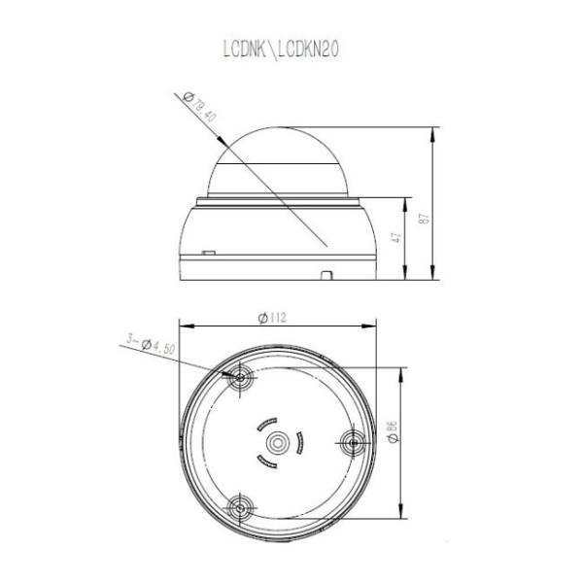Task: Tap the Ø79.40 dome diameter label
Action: click(202, 104)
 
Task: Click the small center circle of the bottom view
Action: click(277, 442)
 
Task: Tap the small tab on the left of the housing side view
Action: click(208, 253)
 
